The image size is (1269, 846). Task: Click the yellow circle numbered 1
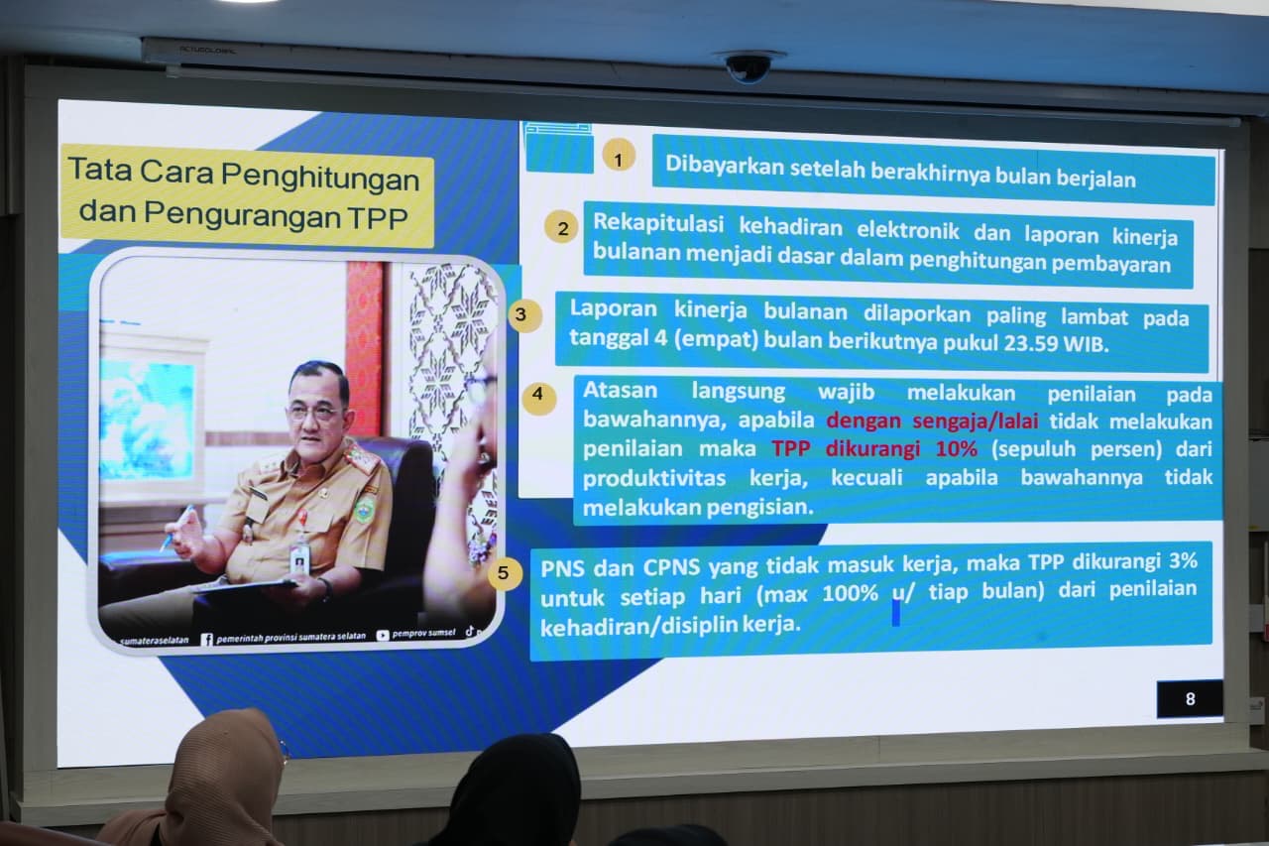pos(618,155)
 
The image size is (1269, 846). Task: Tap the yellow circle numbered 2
pos(561,227)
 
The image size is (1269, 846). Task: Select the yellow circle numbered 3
pos(524,315)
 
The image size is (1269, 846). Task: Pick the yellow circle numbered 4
pos(538,398)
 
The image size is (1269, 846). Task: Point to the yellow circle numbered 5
pos(505,573)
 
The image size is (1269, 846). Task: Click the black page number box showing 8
pos(1190,698)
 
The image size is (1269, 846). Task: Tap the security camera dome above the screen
pos(748,66)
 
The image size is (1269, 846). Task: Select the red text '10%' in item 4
pos(957,448)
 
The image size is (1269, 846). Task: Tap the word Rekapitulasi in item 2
pos(658,223)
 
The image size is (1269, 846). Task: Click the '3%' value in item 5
pos(1183,560)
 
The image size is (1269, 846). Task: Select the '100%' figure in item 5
pos(851,593)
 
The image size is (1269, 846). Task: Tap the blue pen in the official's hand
pos(176,527)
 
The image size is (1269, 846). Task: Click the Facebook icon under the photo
pos(207,640)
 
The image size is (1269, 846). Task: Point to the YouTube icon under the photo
pos(383,635)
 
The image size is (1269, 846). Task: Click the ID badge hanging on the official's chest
pos(299,557)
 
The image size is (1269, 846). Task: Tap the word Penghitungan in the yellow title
pos(320,176)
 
